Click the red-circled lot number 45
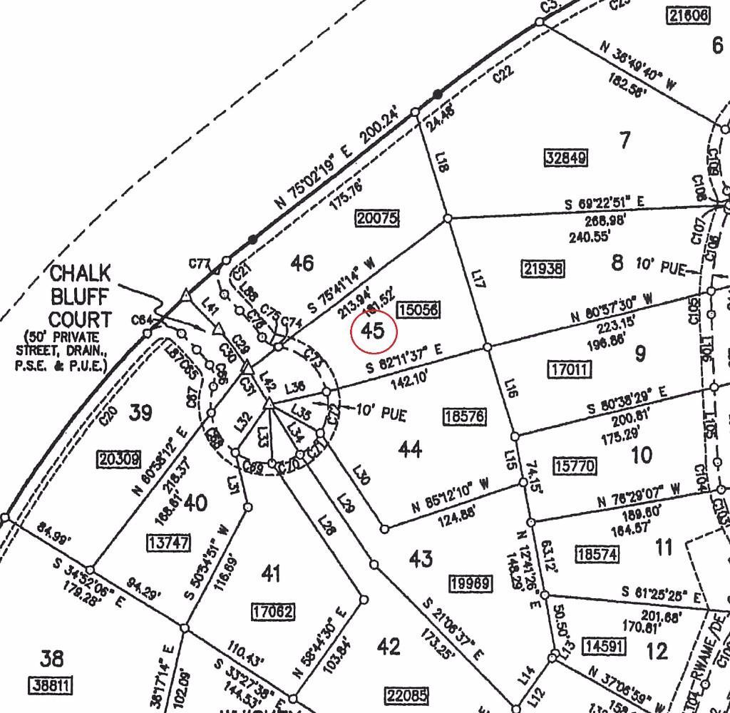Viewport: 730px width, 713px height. coord(374,331)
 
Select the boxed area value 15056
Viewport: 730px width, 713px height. coord(418,309)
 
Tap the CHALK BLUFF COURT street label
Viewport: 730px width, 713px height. coord(80,296)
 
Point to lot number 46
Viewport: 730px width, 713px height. coord(302,263)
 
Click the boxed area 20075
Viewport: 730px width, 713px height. coord(377,218)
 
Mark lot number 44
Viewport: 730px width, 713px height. coord(409,449)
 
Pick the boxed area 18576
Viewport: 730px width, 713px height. coord(464,416)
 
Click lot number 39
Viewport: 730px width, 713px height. coord(140,412)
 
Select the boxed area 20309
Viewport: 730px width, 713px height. coord(119,460)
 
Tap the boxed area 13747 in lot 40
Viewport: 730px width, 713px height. coord(169,543)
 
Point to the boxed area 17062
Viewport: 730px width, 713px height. coord(273,611)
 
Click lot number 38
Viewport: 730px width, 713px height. coord(52,658)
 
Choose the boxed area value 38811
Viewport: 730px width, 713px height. coord(51,687)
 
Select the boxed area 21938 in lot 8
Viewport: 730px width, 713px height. coord(543,268)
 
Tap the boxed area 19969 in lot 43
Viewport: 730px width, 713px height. coord(471,584)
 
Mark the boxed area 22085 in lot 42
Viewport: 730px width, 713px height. coord(406,694)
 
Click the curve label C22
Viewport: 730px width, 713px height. coord(503,74)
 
